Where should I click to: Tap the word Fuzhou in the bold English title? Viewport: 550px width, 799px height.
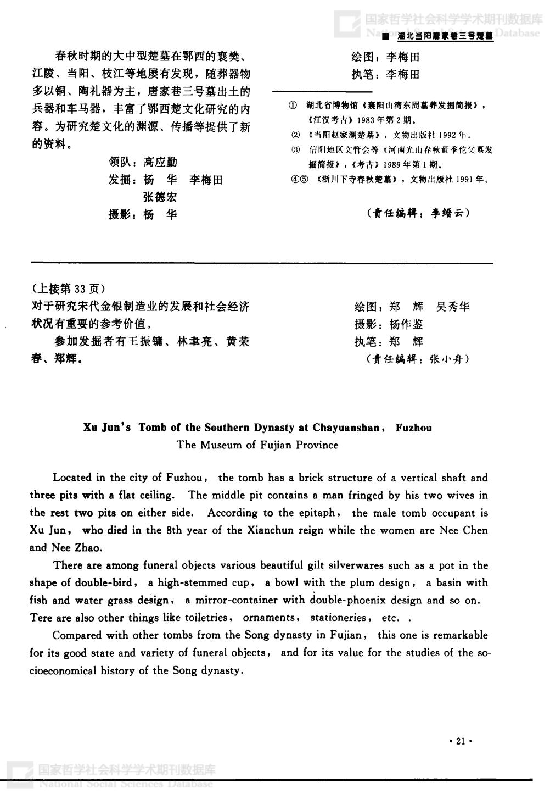click(414, 428)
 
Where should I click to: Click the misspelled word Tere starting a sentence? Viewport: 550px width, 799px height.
click(41, 617)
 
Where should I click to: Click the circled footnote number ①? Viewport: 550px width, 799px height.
click(294, 105)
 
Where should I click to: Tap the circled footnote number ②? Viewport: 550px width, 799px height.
click(295, 134)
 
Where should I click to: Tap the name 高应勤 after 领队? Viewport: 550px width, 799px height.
click(160, 162)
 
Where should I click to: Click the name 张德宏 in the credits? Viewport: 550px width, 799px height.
click(160, 197)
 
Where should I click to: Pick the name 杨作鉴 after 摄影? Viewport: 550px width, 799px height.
click(406, 324)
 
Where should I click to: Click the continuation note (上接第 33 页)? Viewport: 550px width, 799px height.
click(67, 288)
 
